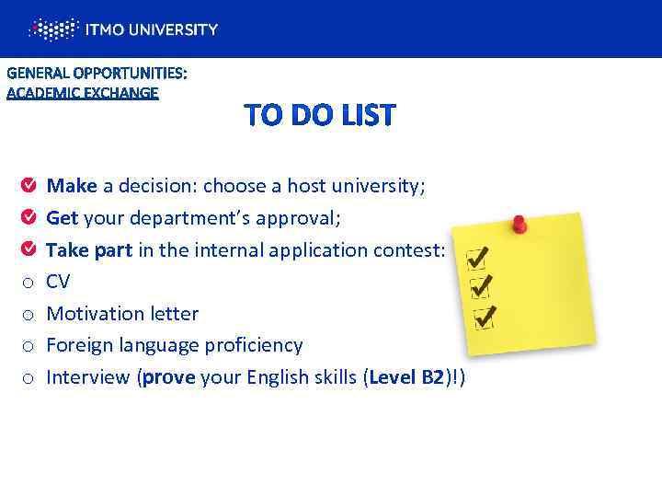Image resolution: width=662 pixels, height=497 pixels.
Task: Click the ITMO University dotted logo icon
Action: (x=53, y=29)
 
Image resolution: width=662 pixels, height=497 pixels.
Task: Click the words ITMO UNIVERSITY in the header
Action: (x=152, y=29)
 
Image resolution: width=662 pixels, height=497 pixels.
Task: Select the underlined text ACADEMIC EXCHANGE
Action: (x=83, y=92)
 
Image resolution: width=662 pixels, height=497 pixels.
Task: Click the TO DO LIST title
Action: (x=319, y=116)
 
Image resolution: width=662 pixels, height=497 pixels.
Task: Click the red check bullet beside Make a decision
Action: (x=29, y=187)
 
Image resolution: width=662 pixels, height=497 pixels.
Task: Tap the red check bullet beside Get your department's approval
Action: (x=29, y=218)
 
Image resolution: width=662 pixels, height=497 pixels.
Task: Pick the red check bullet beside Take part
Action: (x=29, y=249)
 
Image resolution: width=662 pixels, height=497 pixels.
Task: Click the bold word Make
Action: (x=72, y=187)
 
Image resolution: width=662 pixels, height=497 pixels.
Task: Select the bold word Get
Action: (x=62, y=218)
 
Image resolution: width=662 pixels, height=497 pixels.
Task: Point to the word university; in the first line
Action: (x=374, y=187)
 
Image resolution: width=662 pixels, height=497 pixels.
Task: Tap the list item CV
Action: (x=58, y=282)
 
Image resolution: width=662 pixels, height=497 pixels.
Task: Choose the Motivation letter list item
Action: (x=122, y=314)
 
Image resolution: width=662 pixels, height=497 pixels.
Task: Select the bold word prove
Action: (x=167, y=376)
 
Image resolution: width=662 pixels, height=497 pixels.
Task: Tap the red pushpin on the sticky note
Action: (x=519, y=223)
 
